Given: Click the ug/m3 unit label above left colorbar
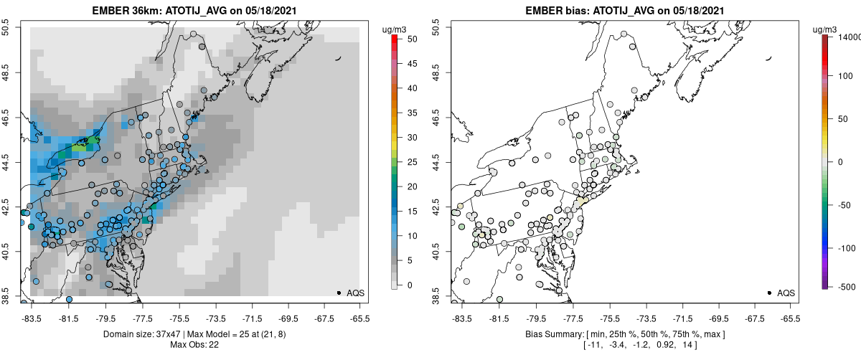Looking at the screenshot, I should pyautogui.click(x=395, y=29).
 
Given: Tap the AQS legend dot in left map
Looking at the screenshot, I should pyautogui.click(x=338, y=293).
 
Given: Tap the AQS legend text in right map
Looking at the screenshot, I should pyautogui.click(x=786, y=293).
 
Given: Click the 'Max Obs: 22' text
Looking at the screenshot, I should pyautogui.click(x=194, y=345).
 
